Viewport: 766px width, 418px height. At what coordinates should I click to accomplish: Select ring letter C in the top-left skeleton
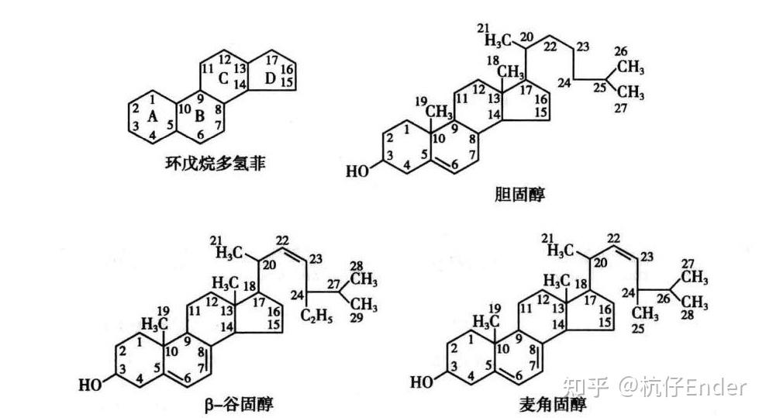click(x=223, y=78)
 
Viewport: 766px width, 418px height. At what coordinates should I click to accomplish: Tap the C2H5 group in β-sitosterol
click(x=317, y=315)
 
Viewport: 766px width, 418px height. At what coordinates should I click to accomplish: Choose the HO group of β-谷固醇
click(x=91, y=382)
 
